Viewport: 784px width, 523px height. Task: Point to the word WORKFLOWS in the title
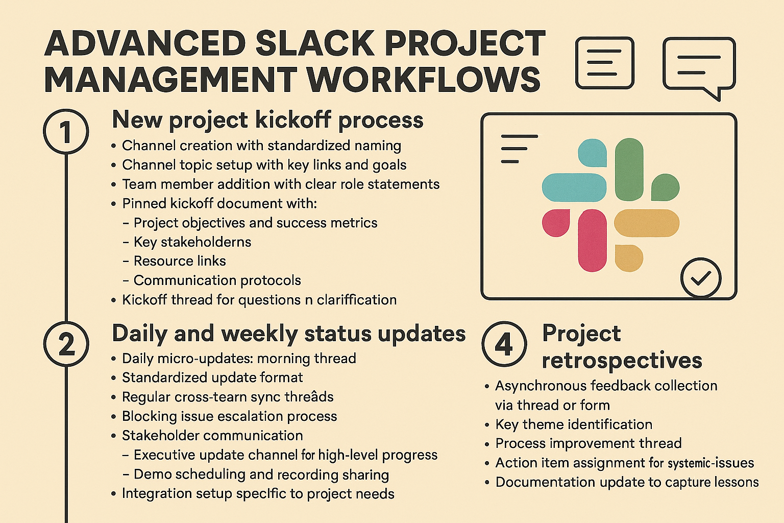pos(424,80)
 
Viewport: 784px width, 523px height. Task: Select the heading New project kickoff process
pos(267,121)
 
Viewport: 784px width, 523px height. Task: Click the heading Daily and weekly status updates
pos(289,334)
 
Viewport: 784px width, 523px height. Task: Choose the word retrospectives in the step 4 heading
pos(622,361)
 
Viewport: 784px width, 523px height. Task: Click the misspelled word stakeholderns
pos(206,242)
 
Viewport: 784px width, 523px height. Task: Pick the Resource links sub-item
pos(180,261)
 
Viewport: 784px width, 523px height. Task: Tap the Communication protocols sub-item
pos(217,280)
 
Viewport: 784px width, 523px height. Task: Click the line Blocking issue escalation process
pos(229,416)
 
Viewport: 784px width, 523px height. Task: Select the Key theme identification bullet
pos(574,424)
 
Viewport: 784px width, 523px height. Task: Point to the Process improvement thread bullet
pos(589,443)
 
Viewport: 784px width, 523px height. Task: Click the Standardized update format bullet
pos(212,377)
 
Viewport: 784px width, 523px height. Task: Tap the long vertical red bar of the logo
pos(592,241)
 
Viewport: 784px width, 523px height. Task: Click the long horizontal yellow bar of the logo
pos(647,223)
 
